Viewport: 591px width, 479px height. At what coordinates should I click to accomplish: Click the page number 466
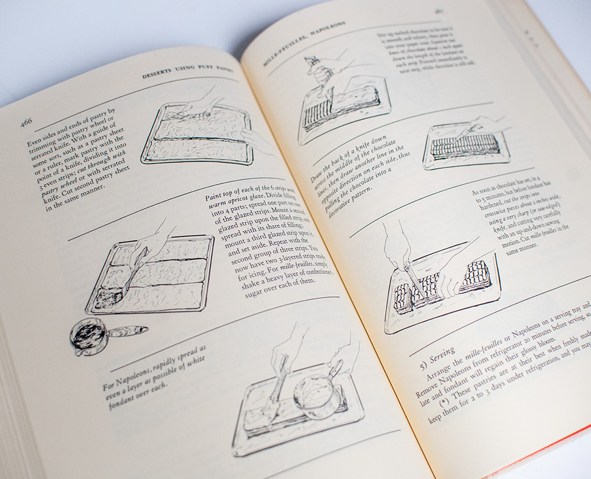pos(26,122)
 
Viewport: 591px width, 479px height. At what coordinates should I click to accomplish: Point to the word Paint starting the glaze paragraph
pos(214,196)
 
